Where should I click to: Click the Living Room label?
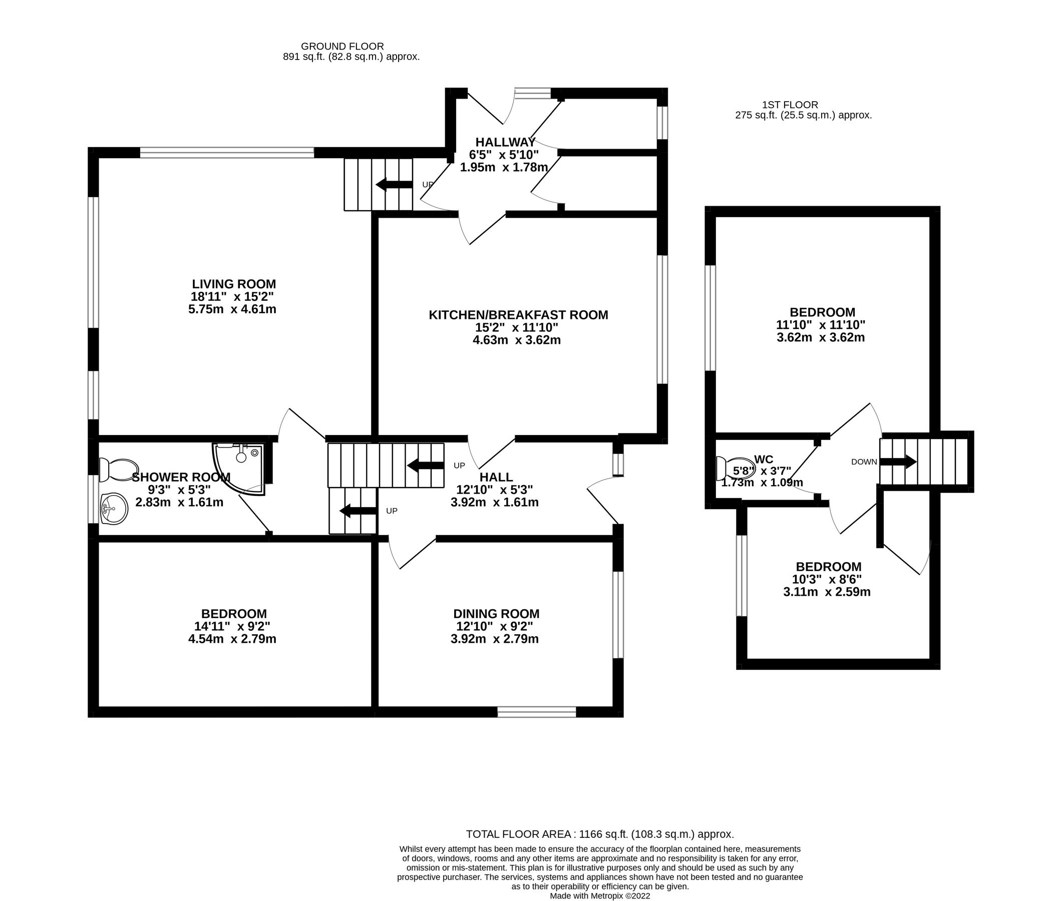(x=233, y=284)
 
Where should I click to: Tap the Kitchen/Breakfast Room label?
(x=518, y=315)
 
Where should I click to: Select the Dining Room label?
(x=496, y=614)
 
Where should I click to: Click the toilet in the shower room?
(x=119, y=470)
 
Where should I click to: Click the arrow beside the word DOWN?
(x=898, y=462)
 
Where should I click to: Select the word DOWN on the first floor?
(x=864, y=462)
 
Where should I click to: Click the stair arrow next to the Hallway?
(x=394, y=184)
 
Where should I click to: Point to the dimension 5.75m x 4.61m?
(x=232, y=309)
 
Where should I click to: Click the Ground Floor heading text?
(x=342, y=47)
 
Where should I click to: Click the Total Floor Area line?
(x=600, y=834)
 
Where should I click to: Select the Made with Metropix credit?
(x=600, y=895)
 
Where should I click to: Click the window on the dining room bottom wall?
(x=536, y=711)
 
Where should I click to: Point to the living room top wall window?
(x=227, y=152)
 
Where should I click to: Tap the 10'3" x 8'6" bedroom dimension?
(x=828, y=579)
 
